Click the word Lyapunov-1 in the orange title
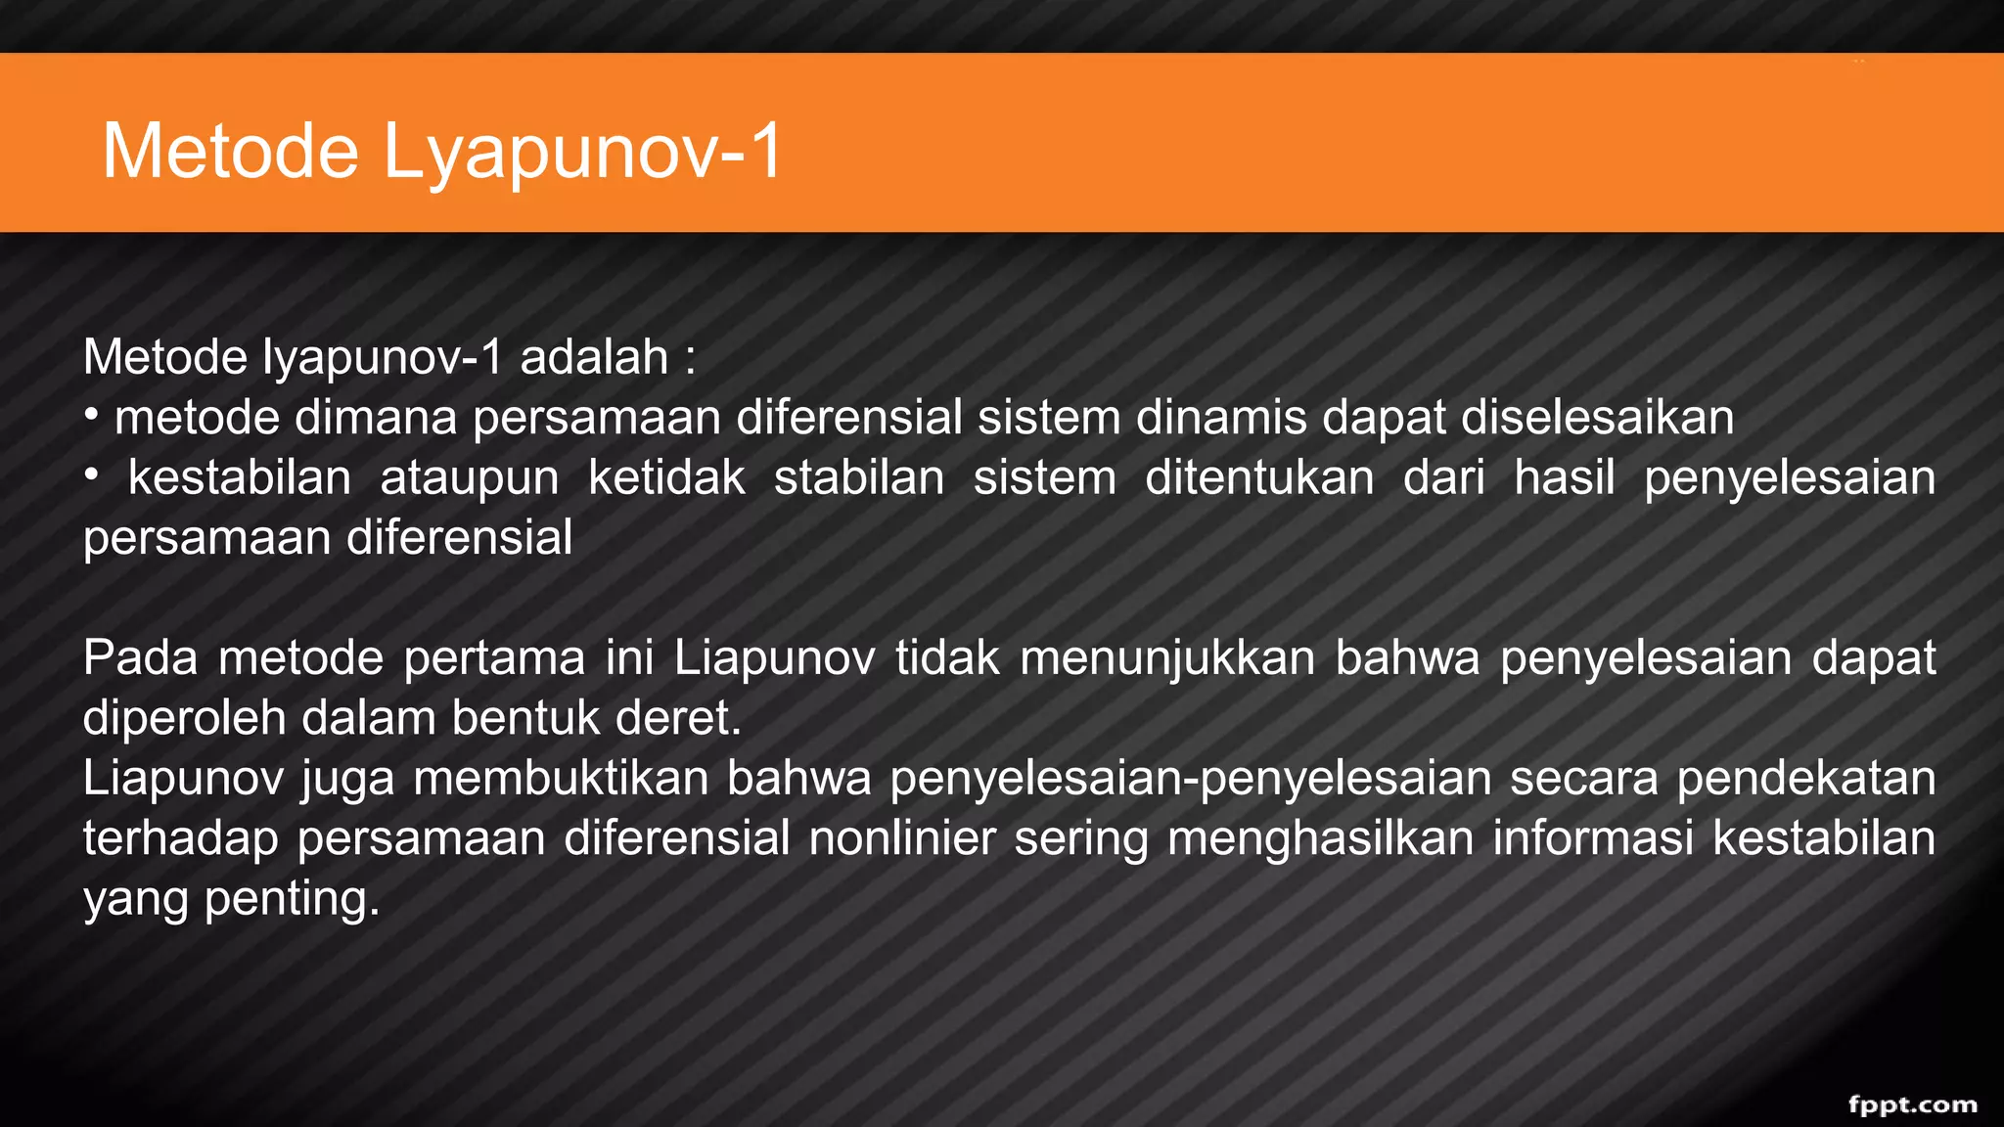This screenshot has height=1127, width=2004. coord(582,152)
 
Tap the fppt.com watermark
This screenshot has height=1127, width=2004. coord(1912,1104)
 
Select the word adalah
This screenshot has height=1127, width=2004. coord(594,356)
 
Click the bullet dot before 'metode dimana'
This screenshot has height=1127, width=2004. coord(91,416)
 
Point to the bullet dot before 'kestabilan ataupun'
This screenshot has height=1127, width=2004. coord(91,476)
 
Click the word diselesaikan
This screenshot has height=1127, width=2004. coord(1597,418)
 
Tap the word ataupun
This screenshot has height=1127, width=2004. coord(470,478)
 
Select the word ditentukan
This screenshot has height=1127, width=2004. coord(1259,478)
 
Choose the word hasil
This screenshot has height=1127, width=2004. coord(1564,478)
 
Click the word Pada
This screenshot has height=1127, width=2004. coord(141,657)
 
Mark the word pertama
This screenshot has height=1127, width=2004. coord(494,657)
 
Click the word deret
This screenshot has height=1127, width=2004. coord(678,718)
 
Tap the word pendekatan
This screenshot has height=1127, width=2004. coord(1805,779)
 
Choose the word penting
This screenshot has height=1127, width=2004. coord(292,899)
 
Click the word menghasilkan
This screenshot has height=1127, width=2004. coord(1320,838)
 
